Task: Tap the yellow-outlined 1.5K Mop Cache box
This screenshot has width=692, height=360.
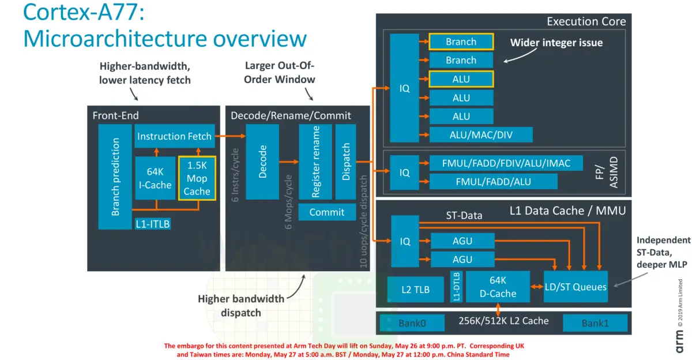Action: [x=197, y=178]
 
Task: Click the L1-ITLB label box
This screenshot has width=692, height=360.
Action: [x=153, y=224]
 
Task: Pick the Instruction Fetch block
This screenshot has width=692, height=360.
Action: [x=174, y=137]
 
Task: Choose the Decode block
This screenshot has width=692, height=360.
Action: [x=262, y=162]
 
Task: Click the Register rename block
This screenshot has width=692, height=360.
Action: [x=315, y=162]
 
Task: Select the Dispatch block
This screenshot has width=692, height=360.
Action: [x=346, y=162]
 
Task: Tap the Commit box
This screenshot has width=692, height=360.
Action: [x=327, y=212]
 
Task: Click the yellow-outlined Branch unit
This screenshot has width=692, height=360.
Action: [x=461, y=42]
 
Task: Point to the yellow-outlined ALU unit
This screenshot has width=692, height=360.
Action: [x=461, y=79]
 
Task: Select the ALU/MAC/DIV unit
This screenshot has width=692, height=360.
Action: [x=480, y=135]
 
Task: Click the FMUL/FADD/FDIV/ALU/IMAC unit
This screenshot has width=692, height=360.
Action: [x=506, y=163]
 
